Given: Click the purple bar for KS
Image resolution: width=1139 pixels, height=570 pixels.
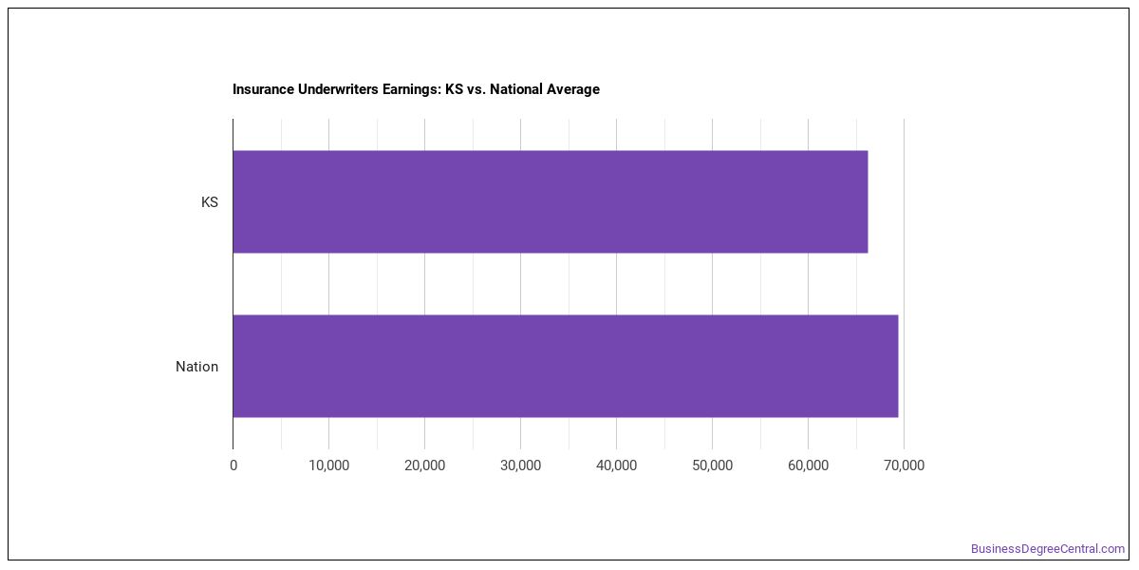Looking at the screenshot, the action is pos(551,201).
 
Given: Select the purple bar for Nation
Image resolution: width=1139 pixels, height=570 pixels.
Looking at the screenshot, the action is pos(566,366).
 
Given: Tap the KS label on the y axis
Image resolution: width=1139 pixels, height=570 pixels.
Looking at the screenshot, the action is pos(210,202).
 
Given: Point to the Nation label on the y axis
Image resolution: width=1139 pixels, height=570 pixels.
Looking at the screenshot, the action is pos(196,367).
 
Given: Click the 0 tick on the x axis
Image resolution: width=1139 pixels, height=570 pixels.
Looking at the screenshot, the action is pos(233,465).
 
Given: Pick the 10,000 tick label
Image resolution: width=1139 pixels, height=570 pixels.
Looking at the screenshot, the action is pos(329,465).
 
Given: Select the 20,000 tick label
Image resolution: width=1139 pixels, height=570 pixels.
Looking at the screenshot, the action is pos(424,465).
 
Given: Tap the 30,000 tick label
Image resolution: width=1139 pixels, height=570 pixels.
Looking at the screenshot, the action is pos(521,465).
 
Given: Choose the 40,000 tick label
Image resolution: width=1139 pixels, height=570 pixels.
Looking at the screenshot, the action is pos(616,465).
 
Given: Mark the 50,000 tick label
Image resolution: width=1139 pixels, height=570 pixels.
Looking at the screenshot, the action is pos(713,465).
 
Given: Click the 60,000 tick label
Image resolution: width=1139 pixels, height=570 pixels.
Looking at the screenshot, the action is pos(808,465).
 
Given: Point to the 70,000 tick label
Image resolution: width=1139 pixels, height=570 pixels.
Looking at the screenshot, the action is pos(904,465).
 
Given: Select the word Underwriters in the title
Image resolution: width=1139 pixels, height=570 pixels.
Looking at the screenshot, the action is pos(338,89).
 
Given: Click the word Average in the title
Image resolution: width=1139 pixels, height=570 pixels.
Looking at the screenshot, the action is pos(573,89).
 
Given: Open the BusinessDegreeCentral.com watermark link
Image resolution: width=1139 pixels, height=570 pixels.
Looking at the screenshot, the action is pos(1048,549).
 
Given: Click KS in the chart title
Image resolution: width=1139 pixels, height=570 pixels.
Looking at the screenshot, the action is pos(454,89).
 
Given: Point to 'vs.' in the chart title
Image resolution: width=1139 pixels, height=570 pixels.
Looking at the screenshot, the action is pos(476,90).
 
